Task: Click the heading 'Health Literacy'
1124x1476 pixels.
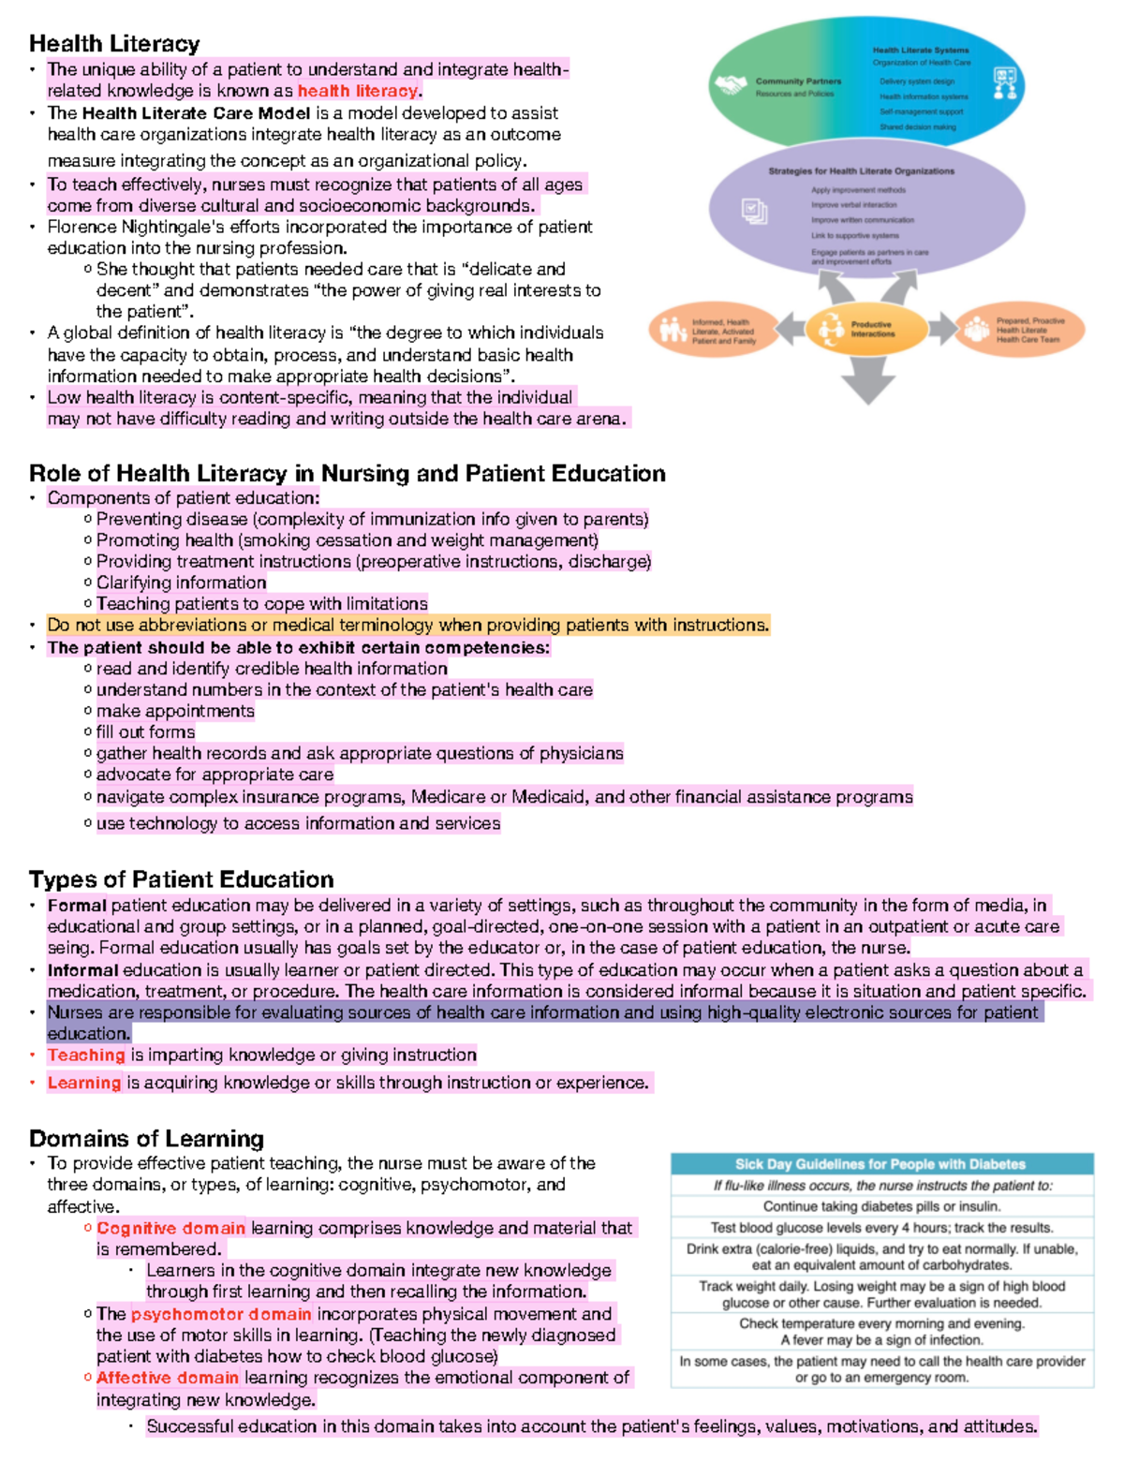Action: (x=114, y=44)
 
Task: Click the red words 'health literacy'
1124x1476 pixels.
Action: (x=357, y=91)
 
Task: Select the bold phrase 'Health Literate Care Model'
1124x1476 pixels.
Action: (x=196, y=113)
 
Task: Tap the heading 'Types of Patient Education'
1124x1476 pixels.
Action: (x=181, y=879)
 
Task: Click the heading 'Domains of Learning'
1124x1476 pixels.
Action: (x=146, y=1139)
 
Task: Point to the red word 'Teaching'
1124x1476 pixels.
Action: (x=86, y=1055)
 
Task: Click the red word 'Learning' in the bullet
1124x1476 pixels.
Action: (x=84, y=1083)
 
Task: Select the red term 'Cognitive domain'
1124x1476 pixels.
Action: (x=170, y=1228)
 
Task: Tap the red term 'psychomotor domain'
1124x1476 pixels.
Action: (x=221, y=1314)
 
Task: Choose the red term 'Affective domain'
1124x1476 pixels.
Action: (x=168, y=1378)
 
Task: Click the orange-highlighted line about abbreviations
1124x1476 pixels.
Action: (x=407, y=625)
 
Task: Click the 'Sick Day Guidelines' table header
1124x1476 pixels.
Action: (x=880, y=1164)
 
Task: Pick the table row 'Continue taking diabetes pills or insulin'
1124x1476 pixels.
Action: (x=881, y=1206)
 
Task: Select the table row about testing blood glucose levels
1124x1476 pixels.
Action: (x=881, y=1228)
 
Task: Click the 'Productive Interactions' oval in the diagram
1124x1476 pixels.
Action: (x=866, y=329)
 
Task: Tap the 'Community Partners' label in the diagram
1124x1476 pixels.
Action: (x=798, y=81)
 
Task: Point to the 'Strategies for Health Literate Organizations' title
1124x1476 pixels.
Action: (x=861, y=171)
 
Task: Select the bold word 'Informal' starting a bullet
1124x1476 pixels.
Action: (x=82, y=970)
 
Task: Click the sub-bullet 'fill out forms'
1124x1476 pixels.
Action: (x=145, y=732)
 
